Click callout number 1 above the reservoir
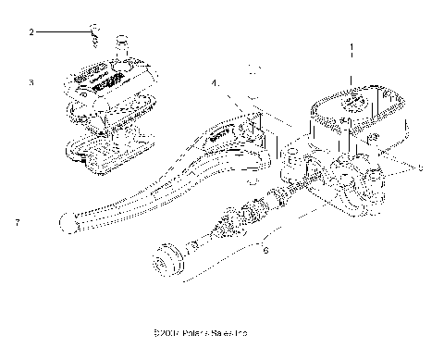(x=350, y=45)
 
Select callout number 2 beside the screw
(x=31, y=32)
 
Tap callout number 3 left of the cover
(x=31, y=82)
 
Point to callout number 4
(x=215, y=83)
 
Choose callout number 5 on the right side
(x=420, y=168)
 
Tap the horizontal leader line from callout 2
(x=60, y=32)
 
